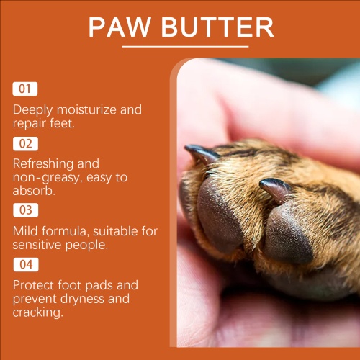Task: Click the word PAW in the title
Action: tap(120, 27)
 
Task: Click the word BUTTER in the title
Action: tap(217, 27)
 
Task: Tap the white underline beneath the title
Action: tap(185, 46)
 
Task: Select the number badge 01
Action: tap(25, 89)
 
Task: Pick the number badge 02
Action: tap(25, 144)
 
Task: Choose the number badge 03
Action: tap(26, 210)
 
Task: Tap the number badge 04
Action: tap(26, 264)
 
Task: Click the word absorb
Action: tap(34, 191)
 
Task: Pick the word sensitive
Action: tap(37, 245)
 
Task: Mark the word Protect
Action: tap(33, 285)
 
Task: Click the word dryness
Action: tap(82, 300)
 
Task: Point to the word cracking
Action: tap(38, 313)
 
